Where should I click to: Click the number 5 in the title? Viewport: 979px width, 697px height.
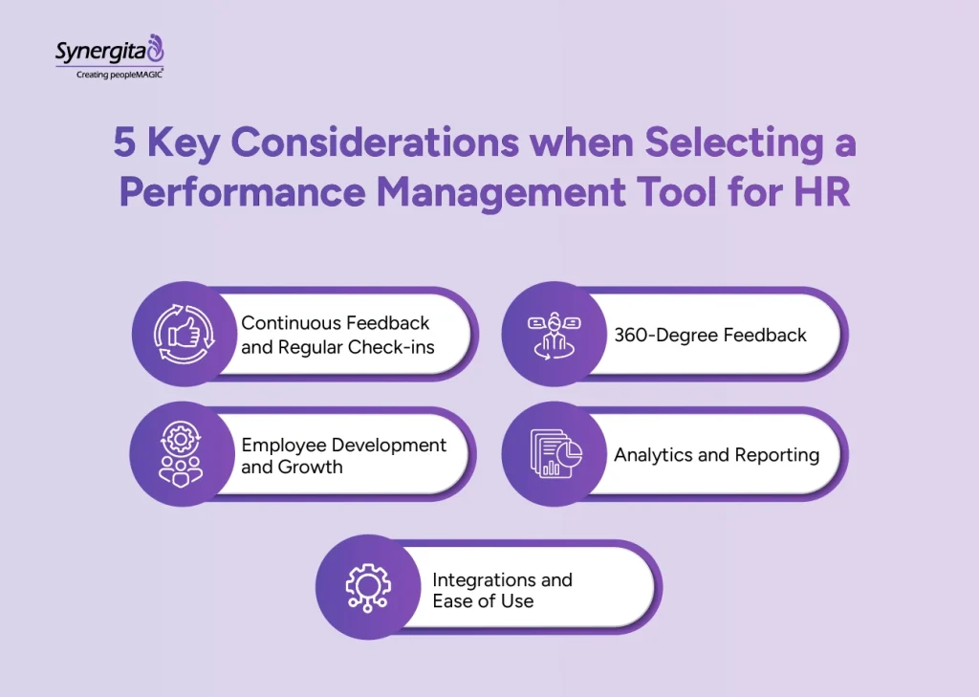[x=125, y=144]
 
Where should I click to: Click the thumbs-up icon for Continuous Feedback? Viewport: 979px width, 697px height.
[x=182, y=334]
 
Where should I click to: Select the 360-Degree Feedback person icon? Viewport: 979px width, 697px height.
[x=553, y=335]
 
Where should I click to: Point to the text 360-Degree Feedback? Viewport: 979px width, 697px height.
[x=710, y=335]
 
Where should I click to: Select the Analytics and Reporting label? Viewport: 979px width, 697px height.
[x=716, y=455]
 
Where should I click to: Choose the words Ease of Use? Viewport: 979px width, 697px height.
[x=483, y=601]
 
